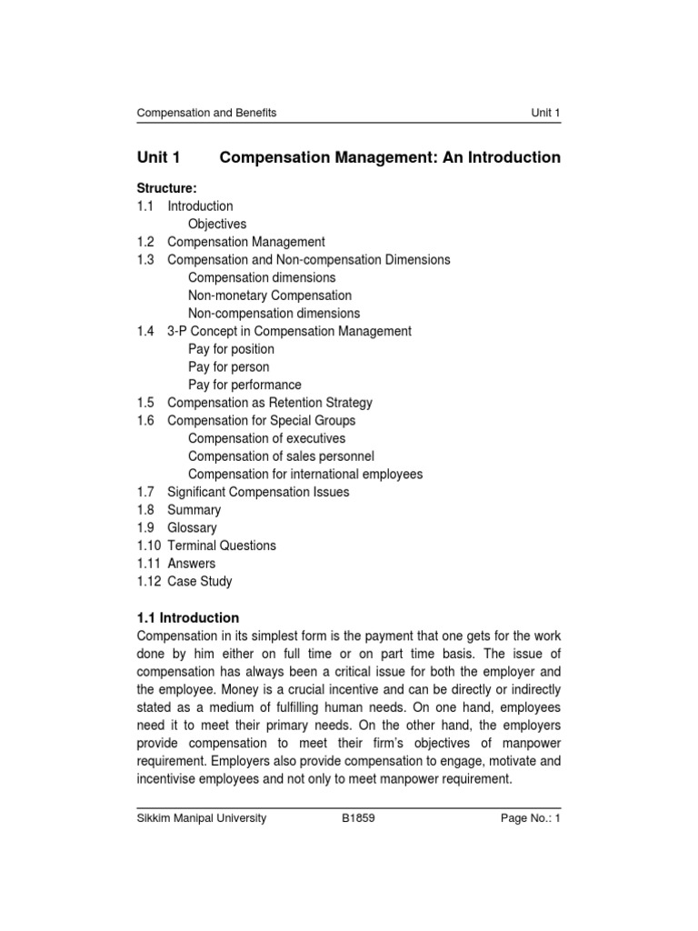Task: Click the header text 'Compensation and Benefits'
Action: coord(206,113)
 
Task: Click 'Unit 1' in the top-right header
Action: coord(546,113)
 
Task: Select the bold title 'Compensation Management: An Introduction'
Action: coord(390,157)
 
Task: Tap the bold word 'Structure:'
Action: coord(167,188)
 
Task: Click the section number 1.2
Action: coord(145,242)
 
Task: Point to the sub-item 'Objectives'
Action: coord(217,224)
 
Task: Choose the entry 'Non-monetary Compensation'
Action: coord(270,295)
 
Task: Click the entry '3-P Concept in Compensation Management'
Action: coord(289,331)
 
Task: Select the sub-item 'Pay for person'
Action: coord(229,366)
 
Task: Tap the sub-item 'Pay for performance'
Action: coord(244,385)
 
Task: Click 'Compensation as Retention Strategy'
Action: coord(270,403)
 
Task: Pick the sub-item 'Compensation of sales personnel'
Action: coord(281,456)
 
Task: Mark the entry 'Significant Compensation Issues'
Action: coord(258,492)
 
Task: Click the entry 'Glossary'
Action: coord(192,527)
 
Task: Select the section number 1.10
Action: coord(148,546)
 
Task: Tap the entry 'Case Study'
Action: coord(200,581)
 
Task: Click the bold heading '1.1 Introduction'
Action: coord(188,617)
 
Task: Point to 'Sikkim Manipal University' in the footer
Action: coord(202,818)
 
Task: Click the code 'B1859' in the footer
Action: coord(358,818)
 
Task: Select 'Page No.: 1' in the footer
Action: coord(531,818)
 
